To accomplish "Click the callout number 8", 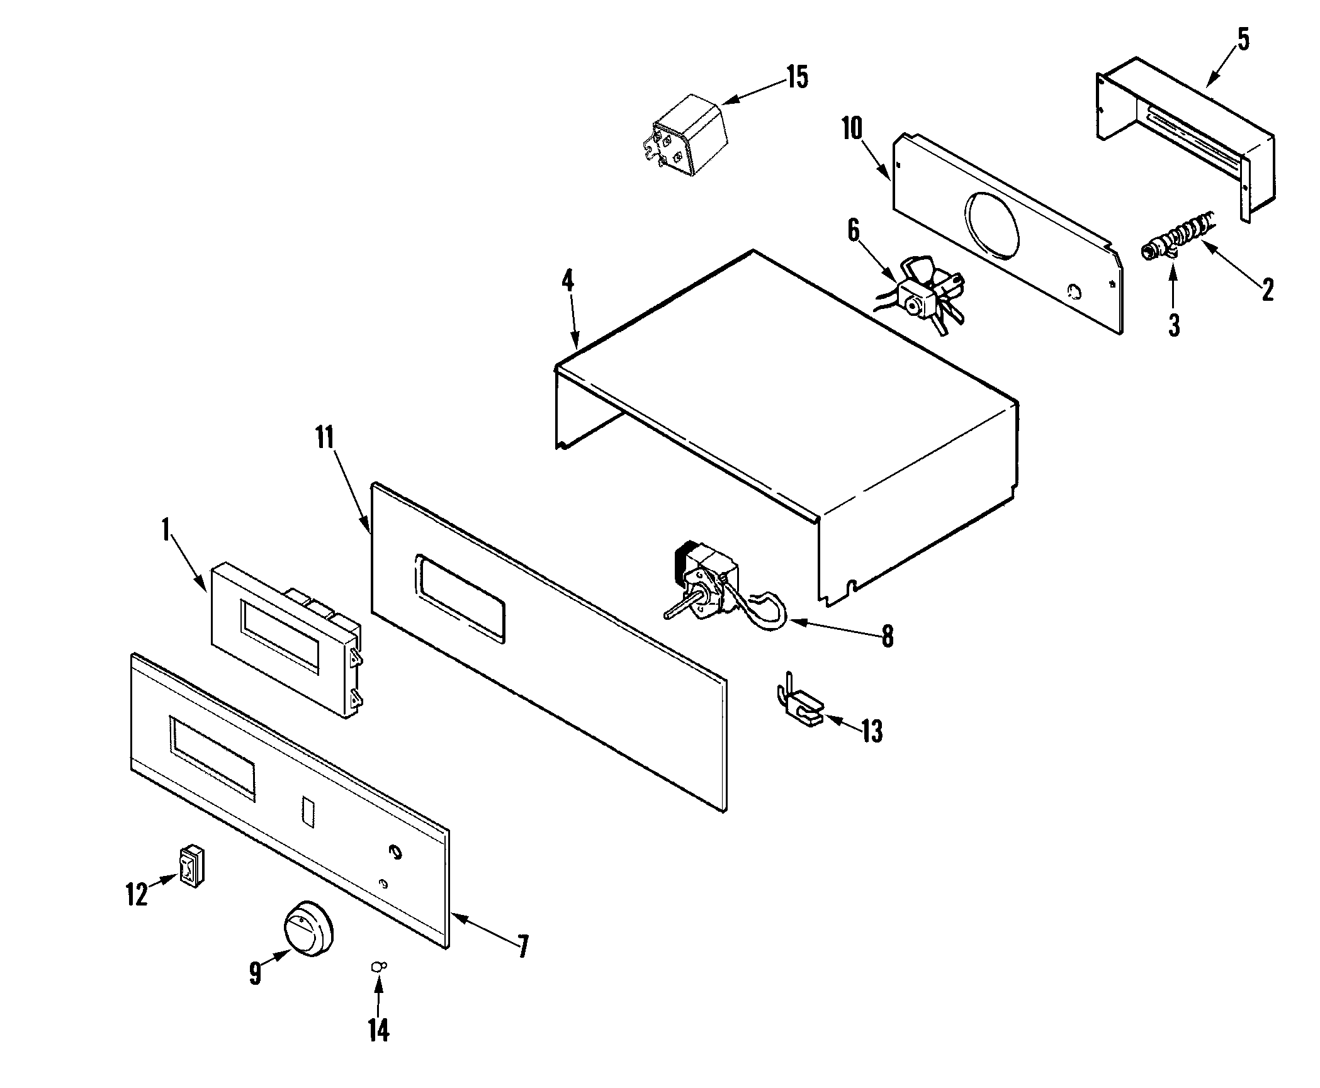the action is [x=887, y=637].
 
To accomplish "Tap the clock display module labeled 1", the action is [x=286, y=639].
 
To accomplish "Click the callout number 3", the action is [x=1174, y=325].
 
